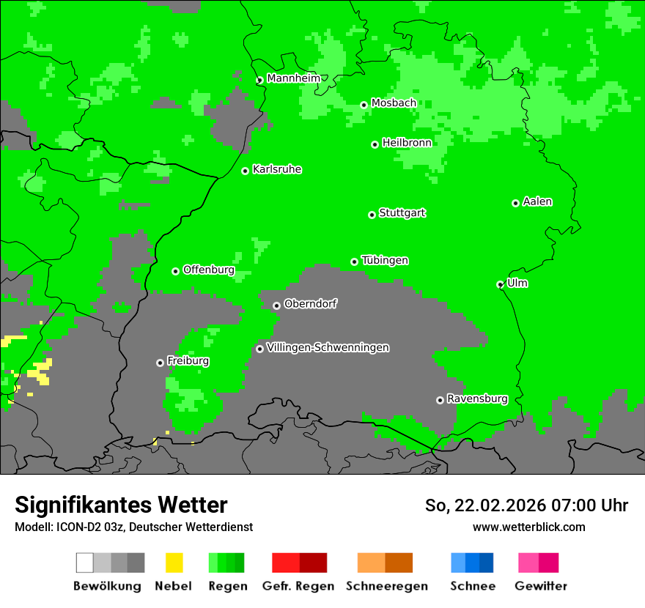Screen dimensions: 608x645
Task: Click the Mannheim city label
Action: [x=293, y=78]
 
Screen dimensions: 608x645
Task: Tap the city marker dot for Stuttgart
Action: [x=372, y=215]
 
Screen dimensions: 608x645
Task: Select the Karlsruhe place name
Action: [x=277, y=170]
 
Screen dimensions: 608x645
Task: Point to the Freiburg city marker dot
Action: [x=160, y=363]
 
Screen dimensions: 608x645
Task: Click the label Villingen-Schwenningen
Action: [x=328, y=348]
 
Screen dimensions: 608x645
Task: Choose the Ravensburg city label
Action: [x=477, y=399]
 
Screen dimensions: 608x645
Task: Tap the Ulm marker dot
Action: [x=501, y=284]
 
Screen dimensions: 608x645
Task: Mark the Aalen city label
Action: [x=537, y=202]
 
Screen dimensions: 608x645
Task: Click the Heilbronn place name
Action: [x=407, y=143]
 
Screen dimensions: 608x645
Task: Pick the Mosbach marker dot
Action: [x=364, y=105]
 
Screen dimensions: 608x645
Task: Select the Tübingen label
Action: [x=385, y=261]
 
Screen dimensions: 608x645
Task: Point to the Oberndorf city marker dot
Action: [x=276, y=305]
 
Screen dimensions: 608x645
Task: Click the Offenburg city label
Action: [x=209, y=270]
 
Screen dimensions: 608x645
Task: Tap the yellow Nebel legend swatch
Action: [x=174, y=563]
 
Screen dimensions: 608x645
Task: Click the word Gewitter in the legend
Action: [x=541, y=586]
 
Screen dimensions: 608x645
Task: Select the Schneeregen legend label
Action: [x=387, y=586]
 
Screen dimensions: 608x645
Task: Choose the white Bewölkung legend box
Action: [x=85, y=563]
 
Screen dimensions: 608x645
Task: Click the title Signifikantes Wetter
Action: [x=121, y=505]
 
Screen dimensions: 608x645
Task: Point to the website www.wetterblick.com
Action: [x=528, y=527]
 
